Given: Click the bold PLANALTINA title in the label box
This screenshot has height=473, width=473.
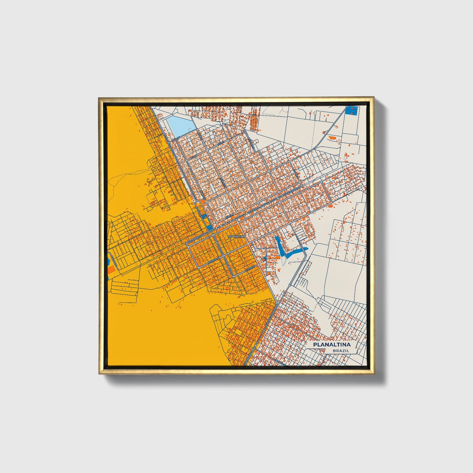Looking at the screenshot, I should point(332,345).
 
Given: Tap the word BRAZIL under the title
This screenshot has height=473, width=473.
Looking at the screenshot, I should point(340,351).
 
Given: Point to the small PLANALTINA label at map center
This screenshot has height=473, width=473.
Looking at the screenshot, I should point(236,236).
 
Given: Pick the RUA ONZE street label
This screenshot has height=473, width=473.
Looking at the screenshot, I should point(115,260).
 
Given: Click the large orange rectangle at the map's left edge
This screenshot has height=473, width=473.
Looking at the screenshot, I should point(111,270).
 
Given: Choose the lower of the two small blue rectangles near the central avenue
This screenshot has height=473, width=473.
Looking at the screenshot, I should point(209,226).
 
